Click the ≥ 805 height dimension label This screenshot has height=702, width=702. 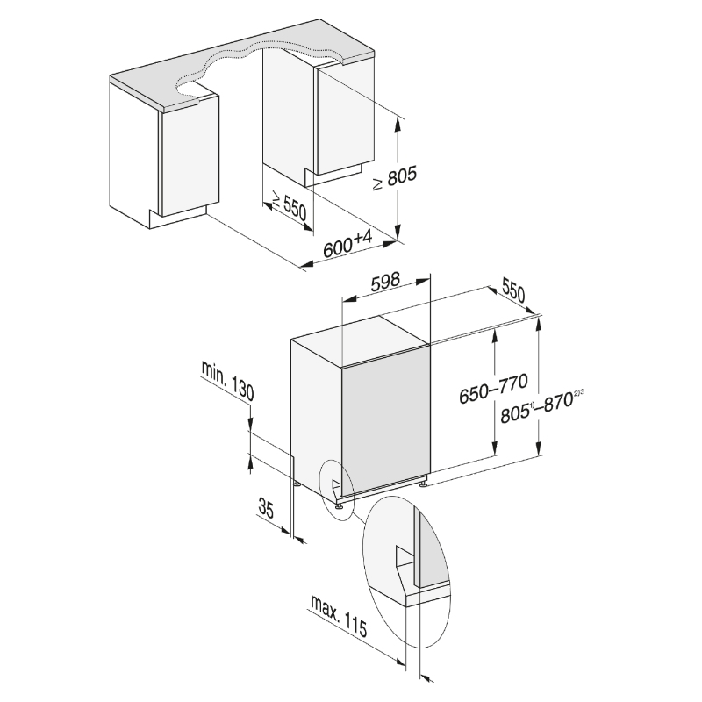click(395, 177)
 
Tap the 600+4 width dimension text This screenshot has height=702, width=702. click(347, 244)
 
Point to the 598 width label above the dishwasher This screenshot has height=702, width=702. click(385, 282)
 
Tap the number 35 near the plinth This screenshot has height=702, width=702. click(266, 508)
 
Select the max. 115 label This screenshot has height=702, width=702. click(339, 616)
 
